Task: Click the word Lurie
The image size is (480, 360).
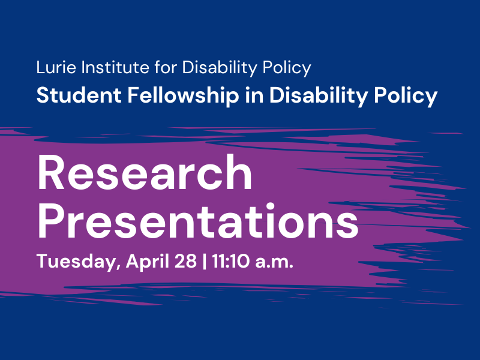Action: [x=52, y=68]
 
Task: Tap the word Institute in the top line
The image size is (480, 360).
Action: [x=107, y=68]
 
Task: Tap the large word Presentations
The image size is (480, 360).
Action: [x=198, y=220]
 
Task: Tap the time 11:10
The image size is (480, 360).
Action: [x=233, y=262]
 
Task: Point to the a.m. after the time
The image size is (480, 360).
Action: [x=275, y=262]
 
